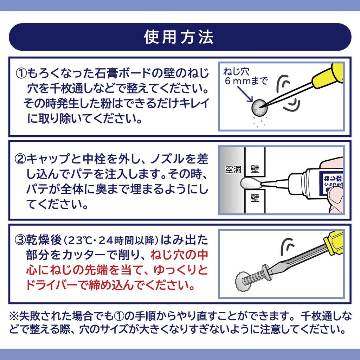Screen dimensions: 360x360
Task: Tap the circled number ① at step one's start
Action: (x=21, y=73)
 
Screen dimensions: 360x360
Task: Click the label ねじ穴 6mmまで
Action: (x=245, y=76)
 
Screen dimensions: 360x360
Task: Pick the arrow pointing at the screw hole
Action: (x=245, y=94)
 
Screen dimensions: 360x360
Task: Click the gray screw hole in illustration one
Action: (x=260, y=108)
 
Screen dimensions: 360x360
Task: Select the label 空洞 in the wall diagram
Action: (x=233, y=169)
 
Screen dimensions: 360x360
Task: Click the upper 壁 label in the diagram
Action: (x=255, y=169)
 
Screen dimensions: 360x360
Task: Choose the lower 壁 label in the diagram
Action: (x=255, y=198)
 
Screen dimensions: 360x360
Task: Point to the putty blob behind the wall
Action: (x=250, y=183)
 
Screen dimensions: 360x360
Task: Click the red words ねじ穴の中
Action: (x=179, y=255)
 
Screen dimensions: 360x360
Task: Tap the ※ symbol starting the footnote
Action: (x=14, y=316)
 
